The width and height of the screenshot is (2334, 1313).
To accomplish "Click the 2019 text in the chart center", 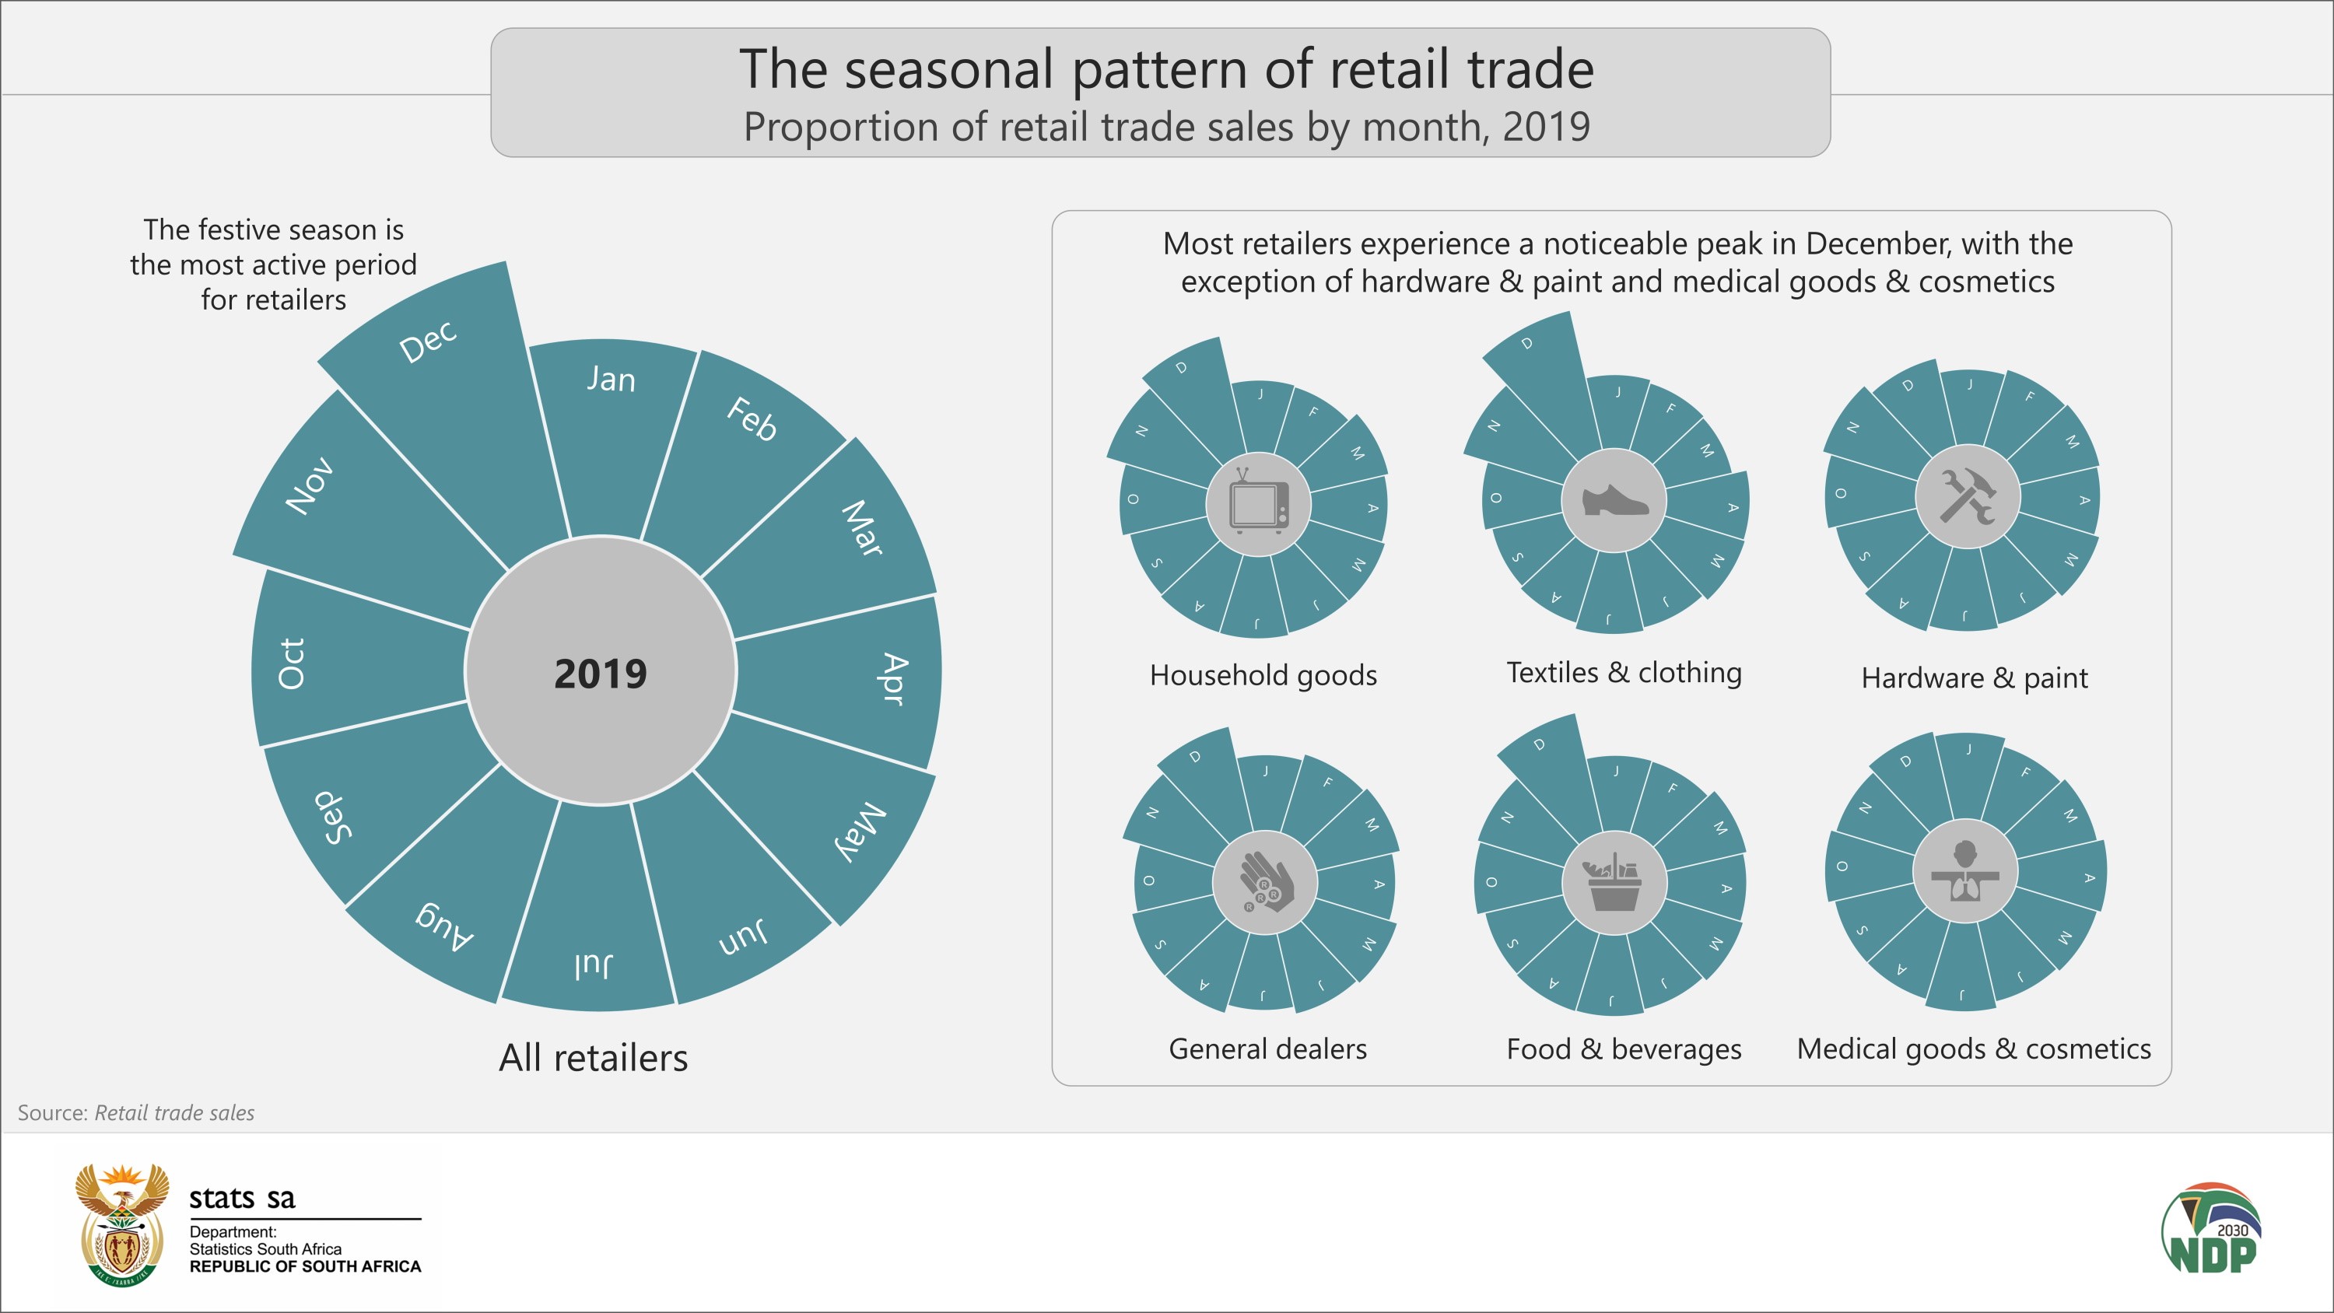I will pyautogui.click(x=600, y=674).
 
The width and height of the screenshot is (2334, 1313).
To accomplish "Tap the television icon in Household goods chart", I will pyautogui.click(x=1259, y=503).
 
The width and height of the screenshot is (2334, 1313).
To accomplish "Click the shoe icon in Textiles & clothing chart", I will pyautogui.click(x=1614, y=500).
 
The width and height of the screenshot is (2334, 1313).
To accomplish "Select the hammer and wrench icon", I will pyautogui.click(x=1967, y=495).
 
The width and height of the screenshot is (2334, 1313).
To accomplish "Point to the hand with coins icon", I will pyautogui.click(x=1265, y=881).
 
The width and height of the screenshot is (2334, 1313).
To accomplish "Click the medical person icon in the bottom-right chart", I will pyautogui.click(x=1964, y=872).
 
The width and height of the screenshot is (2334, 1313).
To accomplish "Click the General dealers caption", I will pyautogui.click(x=1267, y=1049).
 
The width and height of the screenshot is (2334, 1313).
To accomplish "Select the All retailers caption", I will pyautogui.click(x=594, y=1057).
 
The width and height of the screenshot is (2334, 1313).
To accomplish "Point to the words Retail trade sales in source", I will pyautogui.click(x=174, y=1113).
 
